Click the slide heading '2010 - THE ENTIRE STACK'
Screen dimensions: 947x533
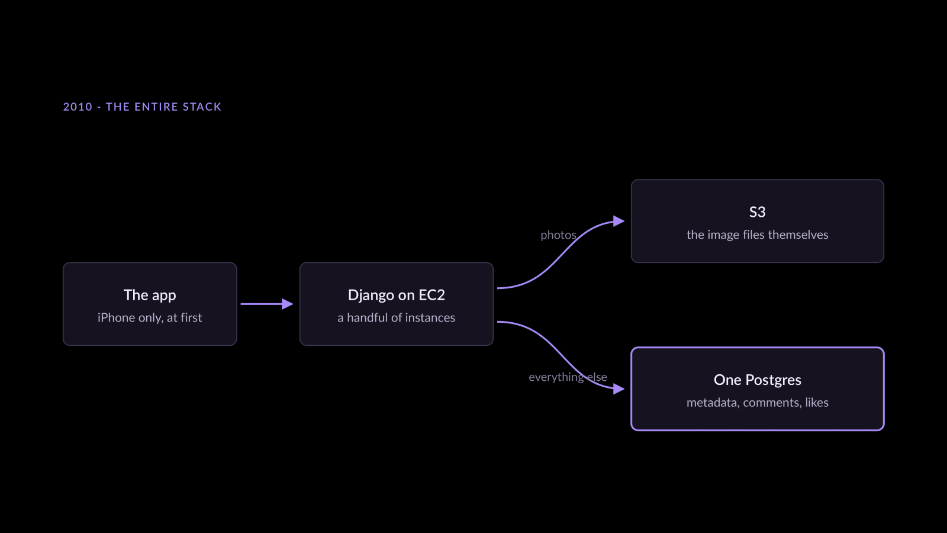[142, 107]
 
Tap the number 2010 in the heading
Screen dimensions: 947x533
[78, 107]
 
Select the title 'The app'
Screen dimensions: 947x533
[150, 296]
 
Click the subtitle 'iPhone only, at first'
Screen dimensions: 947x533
[150, 317]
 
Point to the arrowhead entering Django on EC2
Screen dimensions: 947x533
[288, 304]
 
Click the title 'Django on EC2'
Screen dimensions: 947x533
[396, 296]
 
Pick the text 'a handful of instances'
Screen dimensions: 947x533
[396, 317]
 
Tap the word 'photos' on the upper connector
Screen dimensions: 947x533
[559, 235]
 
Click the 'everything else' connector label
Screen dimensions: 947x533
[568, 377]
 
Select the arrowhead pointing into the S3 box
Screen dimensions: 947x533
[619, 221]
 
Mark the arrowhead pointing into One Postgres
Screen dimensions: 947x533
[619, 388]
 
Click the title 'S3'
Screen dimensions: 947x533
[757, 212]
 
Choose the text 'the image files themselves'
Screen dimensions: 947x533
[757, 235]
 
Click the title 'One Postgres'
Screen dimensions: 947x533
[757, 380]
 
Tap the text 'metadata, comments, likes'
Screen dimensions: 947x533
[757, 402]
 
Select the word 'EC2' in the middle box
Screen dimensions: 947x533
[431, 296]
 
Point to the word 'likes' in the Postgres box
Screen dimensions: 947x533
[817, 402]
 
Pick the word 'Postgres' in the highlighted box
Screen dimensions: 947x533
[773, 380]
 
